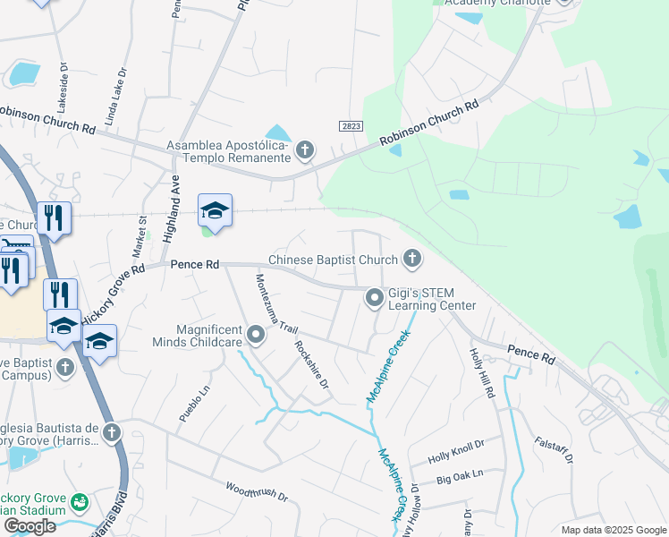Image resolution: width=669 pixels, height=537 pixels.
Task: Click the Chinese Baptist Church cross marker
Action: click(x=412, y=260)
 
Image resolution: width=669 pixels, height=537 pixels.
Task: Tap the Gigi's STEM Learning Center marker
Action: click(x=375, y=298)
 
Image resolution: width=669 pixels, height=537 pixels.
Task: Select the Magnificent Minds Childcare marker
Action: click(x=257, y=337)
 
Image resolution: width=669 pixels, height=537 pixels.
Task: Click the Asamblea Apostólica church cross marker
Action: click(x=305, y=149)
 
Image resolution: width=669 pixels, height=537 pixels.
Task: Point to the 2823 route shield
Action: click(x=351, y=127)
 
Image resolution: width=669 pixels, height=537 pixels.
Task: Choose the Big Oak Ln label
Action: click(x=460, y=476)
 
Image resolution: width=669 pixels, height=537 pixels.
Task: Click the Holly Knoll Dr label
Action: click(x=455, y=450)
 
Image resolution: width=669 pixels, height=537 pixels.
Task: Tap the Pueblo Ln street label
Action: click(x=194, y=404)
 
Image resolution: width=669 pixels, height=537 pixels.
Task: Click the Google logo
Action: click(x=30, y=526)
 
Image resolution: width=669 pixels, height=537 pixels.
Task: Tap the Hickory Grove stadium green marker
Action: click(x=80, y=502)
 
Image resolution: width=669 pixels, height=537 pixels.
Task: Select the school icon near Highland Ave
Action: click(x=215, y=211)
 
